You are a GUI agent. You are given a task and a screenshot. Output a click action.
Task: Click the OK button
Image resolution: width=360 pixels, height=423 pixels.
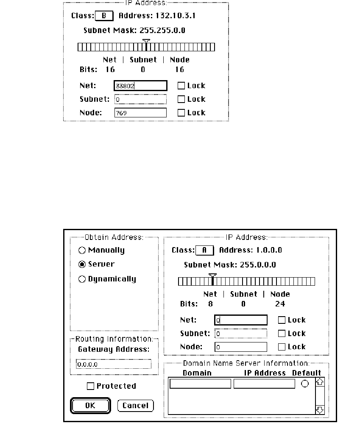(x=90, y=405)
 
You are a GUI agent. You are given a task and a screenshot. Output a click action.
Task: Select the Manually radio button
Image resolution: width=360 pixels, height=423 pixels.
(x=82, y=250)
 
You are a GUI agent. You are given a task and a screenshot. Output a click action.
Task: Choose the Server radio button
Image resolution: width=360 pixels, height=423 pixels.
(x=82, y=264)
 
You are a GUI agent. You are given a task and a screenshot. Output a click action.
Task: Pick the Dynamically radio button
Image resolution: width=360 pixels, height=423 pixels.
(x=82, y=279)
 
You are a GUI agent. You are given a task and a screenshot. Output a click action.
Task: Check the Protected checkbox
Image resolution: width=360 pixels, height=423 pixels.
(x=90, y=386)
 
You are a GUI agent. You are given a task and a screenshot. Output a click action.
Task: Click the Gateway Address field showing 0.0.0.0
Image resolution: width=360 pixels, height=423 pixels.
(x=113, y=364)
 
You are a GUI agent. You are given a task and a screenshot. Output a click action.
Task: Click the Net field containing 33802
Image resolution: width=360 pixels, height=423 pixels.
(x=140, y=86)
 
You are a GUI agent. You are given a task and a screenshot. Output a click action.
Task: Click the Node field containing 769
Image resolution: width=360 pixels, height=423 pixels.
(x=140, y=113)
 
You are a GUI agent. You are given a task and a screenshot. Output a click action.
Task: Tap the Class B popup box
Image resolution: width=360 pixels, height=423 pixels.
(x=104, y=16)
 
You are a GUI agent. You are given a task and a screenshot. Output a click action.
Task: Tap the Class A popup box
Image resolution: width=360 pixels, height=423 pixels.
(x=204, y=250)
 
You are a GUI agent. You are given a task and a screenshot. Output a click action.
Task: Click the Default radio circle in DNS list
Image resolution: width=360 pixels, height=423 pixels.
(x=305, y=384)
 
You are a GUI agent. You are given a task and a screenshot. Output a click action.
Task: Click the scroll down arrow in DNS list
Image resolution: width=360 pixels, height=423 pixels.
(x=320, y=409)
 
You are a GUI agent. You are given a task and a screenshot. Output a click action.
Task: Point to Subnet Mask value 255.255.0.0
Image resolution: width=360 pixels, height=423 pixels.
(x=162, y=31)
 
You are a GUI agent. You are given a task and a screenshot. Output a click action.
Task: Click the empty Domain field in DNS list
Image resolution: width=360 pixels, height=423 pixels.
(x=200, y=384)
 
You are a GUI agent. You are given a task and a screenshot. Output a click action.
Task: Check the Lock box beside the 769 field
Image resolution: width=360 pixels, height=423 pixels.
(x=181, y=113)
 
